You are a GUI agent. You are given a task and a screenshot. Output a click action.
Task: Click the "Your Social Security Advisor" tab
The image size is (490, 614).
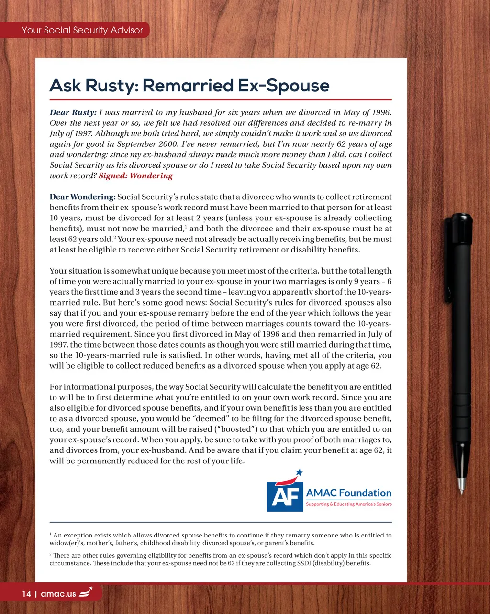click(82, 30)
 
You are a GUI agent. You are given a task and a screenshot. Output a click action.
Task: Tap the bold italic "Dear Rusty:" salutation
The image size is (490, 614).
click(73, 113)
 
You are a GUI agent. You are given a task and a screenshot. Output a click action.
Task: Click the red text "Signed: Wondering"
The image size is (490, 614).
click(135, 175)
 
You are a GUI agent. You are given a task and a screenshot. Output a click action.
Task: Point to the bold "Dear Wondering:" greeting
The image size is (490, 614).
click(82, 197)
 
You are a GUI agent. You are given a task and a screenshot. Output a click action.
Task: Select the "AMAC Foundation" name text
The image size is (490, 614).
click(348, 493)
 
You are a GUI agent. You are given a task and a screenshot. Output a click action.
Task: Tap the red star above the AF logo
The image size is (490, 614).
click(299, 472)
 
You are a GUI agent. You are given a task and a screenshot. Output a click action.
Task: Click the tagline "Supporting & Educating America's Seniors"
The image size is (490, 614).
click(348, 504)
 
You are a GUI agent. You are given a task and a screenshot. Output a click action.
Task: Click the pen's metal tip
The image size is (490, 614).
click(461, 488)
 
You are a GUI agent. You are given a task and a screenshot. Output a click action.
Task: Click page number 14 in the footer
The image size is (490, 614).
click(26, 594)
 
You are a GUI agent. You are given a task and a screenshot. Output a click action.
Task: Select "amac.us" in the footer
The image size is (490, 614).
click(58, 594)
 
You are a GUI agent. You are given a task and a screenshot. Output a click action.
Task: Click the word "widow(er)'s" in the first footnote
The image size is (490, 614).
click(68, 543)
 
